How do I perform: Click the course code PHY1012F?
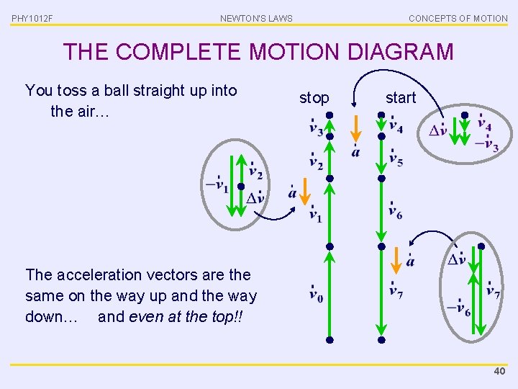(32, 18)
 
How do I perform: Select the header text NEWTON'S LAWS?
(256, 18)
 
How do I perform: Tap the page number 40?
(499, 370)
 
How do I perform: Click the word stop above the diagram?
(314, 98)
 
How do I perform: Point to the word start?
(401, 98)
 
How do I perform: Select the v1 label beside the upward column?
(315, 213)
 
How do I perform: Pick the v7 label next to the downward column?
(396, 290)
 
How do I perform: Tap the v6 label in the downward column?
(396, 210)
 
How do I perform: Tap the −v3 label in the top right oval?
(487, 144)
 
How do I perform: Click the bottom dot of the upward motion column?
(329, 339)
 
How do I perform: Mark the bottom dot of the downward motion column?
(381, 339)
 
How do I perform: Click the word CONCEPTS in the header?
(435, 18)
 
